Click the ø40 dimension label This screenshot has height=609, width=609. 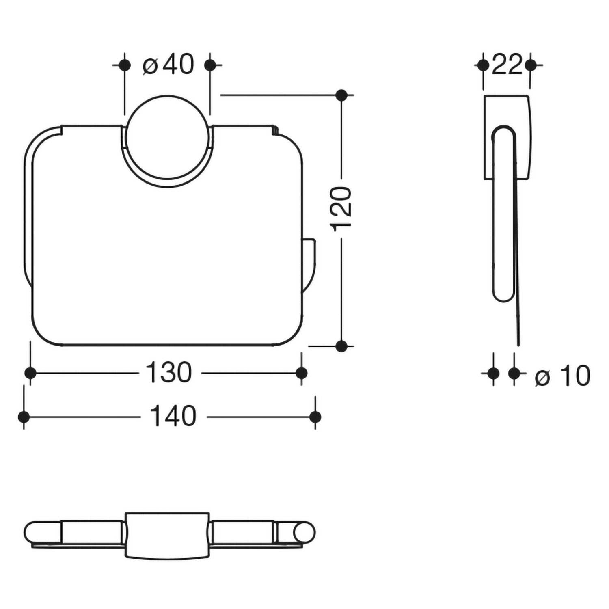pos(168,65)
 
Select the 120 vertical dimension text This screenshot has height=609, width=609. pos(341,209)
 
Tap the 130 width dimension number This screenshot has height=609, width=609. pos(168,373)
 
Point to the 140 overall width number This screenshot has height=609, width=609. pos(173,417)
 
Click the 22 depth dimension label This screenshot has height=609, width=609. pos(506,65)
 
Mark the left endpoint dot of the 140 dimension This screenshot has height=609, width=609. pos(24,417)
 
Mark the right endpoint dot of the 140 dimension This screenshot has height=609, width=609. pos(315,417)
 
